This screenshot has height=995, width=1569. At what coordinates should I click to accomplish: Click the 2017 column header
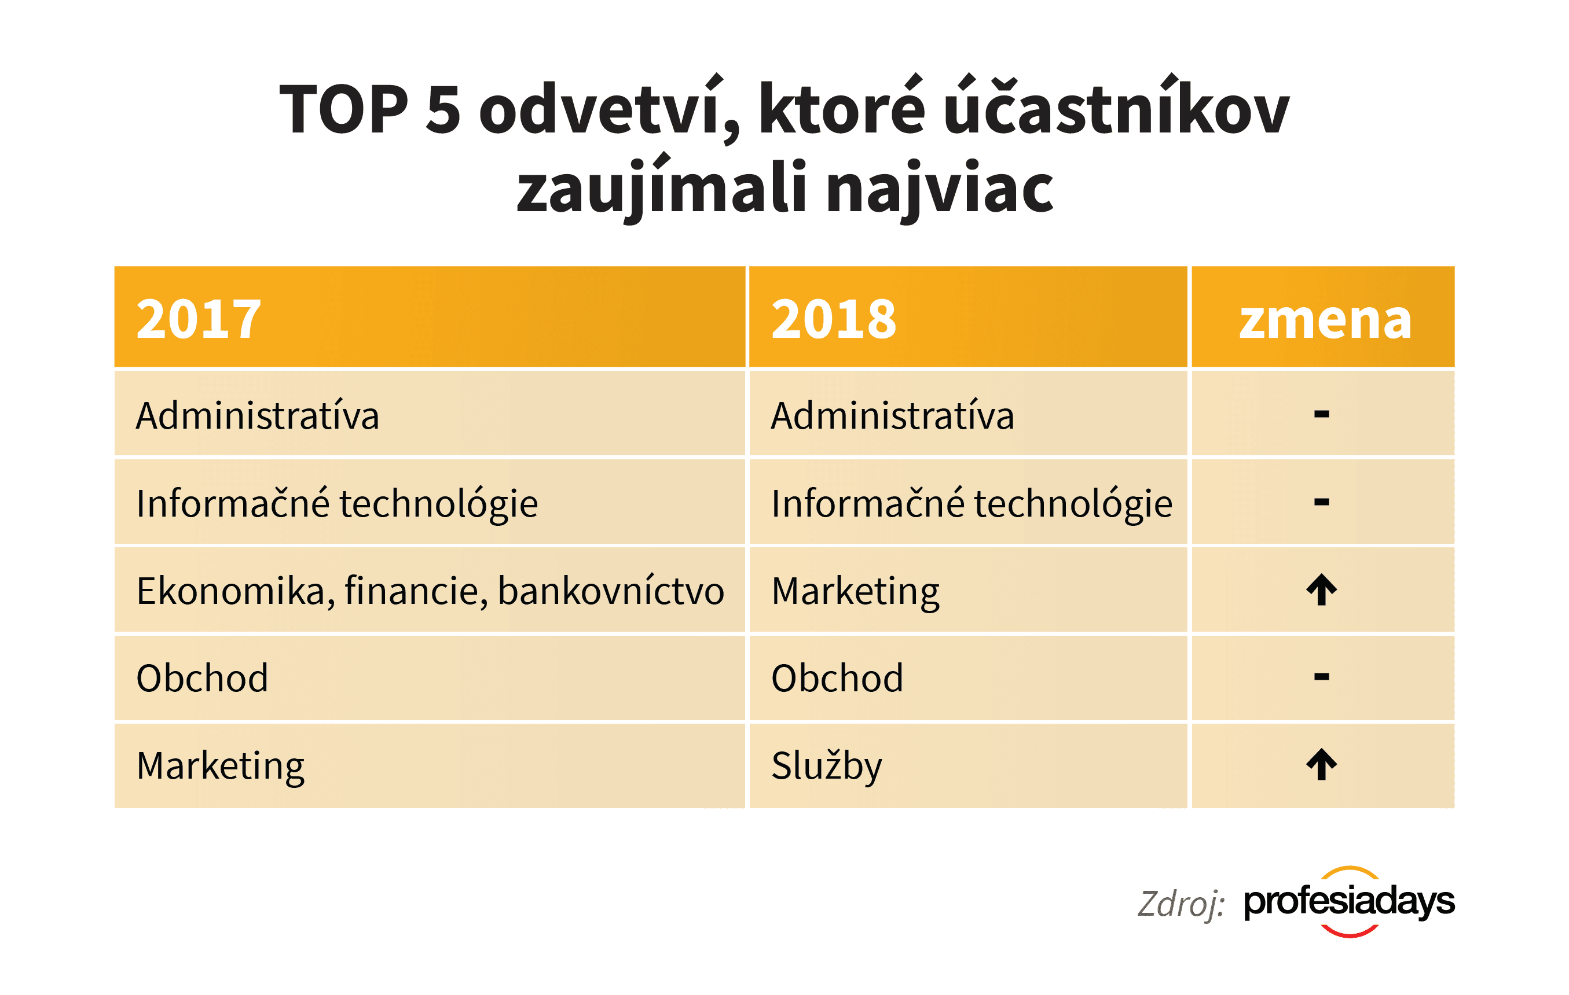199,319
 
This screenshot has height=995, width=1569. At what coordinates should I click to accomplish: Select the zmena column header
1325,319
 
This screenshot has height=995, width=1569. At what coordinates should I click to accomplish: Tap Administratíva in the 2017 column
258,416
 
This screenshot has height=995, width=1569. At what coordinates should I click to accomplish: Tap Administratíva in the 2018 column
892,416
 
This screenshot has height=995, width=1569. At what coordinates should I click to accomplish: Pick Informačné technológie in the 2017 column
337,504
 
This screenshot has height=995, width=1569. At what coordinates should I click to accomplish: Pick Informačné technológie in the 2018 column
972,504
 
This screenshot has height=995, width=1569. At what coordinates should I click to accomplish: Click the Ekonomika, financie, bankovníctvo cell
430,591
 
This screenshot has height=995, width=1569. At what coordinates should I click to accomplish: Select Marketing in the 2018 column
856,591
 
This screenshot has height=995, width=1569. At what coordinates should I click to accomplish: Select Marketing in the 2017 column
220,766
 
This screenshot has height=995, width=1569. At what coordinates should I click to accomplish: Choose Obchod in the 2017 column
202,679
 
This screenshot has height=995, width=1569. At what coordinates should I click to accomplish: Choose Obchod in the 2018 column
837,679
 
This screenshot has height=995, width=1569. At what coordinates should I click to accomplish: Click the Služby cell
826,766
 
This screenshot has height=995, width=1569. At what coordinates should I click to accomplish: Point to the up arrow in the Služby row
1321,765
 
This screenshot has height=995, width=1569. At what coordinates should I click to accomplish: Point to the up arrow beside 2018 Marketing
1321,590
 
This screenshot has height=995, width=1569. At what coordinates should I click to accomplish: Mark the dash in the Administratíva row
1321,414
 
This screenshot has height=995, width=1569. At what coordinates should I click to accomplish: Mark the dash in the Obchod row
1321,677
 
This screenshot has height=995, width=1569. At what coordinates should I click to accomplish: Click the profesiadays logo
1349,902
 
